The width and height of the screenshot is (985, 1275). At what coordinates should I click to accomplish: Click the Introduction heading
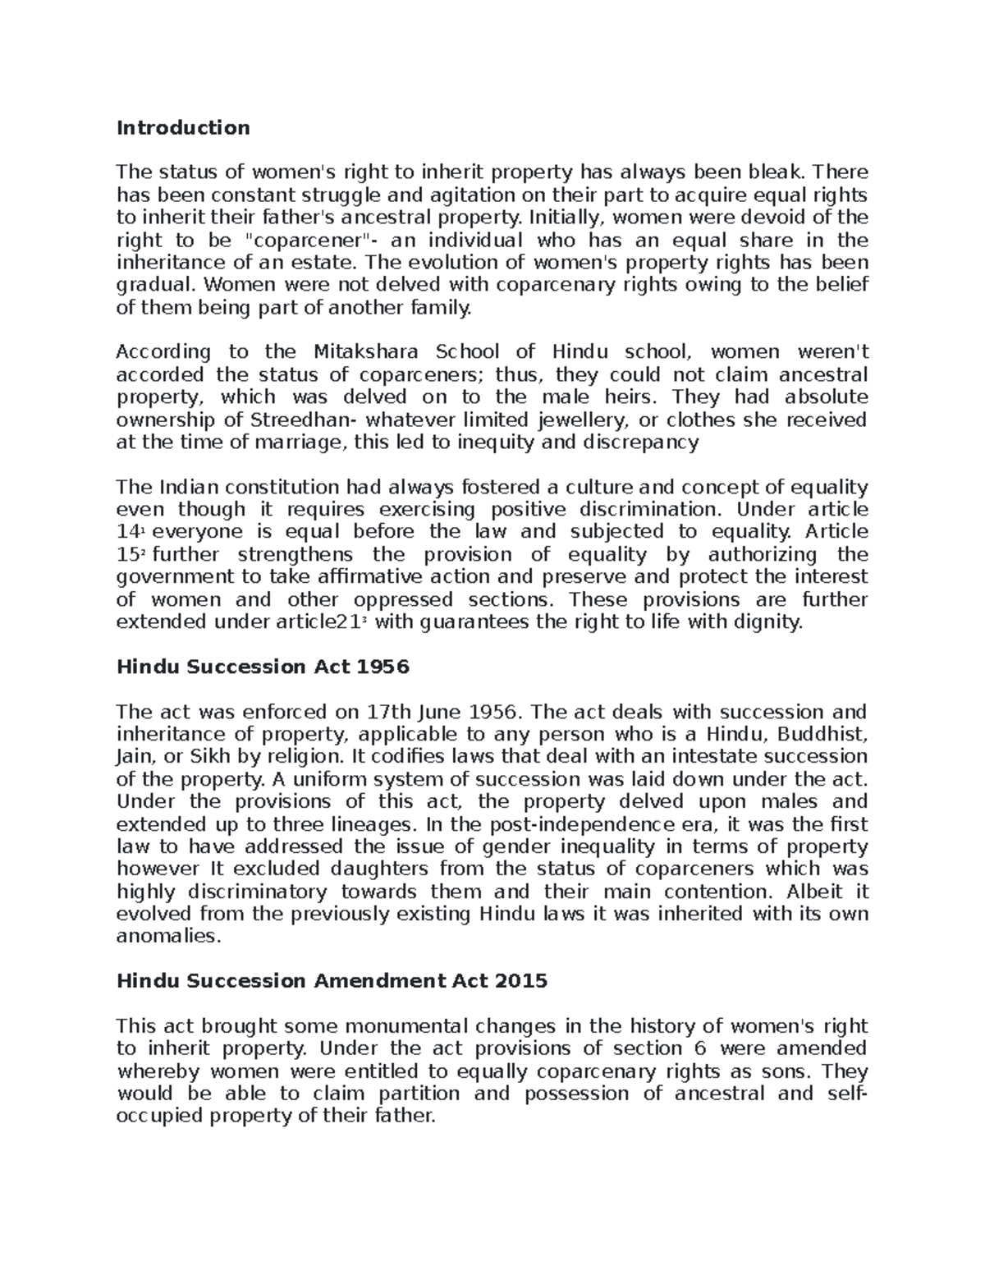pos(183,127)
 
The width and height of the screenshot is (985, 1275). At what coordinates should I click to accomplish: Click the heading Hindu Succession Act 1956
pos(262,667)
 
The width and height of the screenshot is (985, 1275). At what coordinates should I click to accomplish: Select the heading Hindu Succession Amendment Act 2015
pos(332,981)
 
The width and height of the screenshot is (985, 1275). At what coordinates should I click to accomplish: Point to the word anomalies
pos(169,936)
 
